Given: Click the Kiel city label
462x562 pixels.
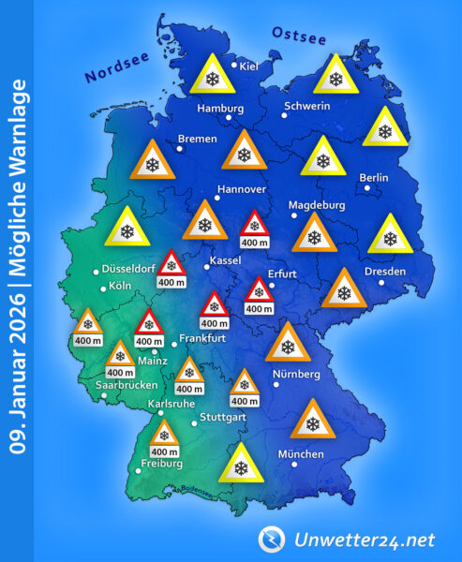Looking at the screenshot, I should coord(249,67).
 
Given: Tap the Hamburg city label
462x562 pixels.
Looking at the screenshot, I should coord(220,109).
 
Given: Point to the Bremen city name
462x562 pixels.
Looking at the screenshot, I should coord(197,139).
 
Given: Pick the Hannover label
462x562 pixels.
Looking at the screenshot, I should coord(242,189).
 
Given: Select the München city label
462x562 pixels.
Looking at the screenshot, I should coord(301,454).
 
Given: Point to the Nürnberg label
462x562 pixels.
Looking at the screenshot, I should coord(296,375).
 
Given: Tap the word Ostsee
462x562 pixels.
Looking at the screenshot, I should coord(298,37).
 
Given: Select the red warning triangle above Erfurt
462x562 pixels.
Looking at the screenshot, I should coord(260,290).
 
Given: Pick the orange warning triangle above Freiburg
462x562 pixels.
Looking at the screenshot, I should coord(165,435).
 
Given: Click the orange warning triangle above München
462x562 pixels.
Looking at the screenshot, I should coord(312,421).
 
